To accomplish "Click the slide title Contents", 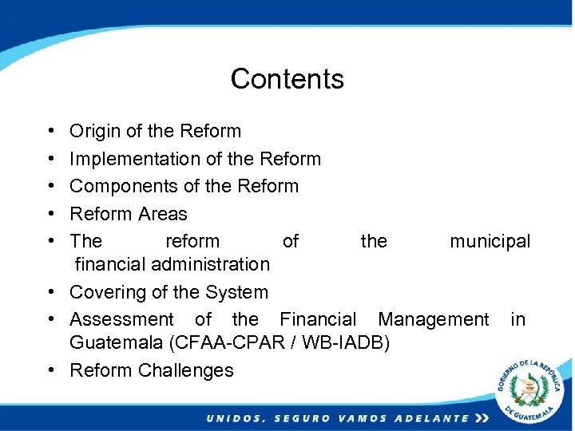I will click(287, 79).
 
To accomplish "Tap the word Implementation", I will click(134, 160).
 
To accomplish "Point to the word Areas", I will click(162, 214).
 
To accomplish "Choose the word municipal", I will click(490, 242).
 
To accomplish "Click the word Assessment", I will click(121, 319).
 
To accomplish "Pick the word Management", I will click(433, 320).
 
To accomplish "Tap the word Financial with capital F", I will click(318, 319).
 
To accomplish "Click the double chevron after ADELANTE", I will click(481, 418).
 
